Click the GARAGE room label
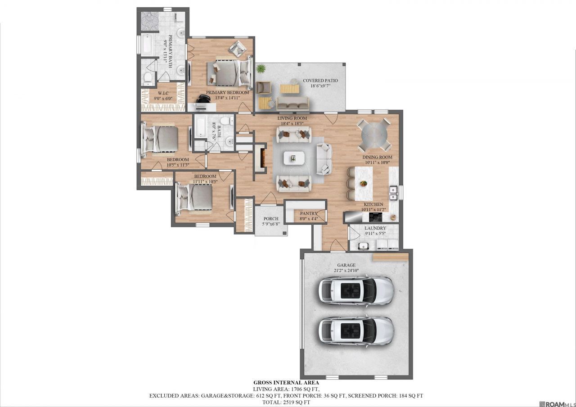point(346,265)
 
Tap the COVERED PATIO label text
point(320,81)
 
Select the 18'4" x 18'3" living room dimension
point(292,123)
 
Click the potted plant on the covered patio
point(261,69)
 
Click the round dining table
point(374,135)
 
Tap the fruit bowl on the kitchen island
point(363,183)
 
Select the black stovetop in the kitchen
point(376,217)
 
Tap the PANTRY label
point(309,213)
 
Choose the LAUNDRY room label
point(375,228)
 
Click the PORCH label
point(271,219)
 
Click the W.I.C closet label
point(163,93)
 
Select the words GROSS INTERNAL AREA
point(286,383)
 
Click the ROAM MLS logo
point(559,404)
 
